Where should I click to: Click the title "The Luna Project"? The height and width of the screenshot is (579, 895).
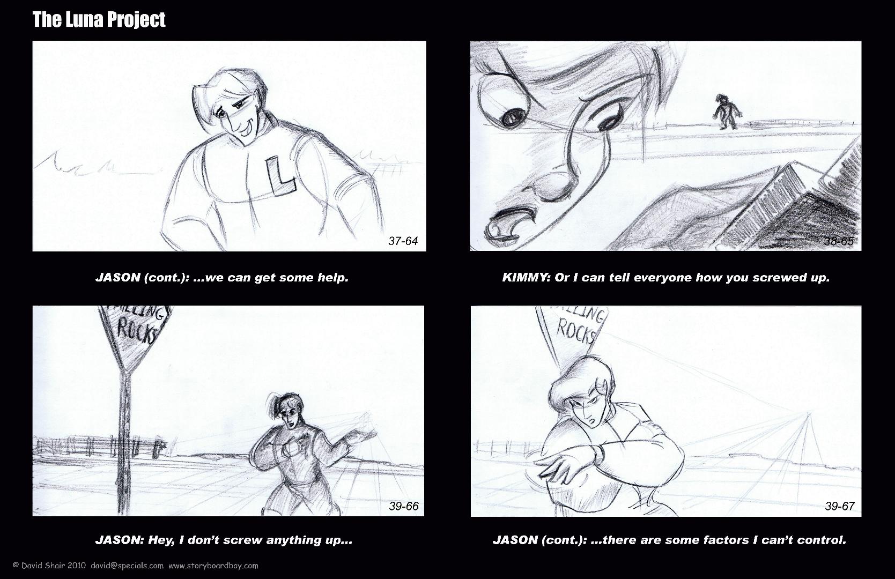click(99, 20)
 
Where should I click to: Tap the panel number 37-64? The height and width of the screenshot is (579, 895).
click(403, 241)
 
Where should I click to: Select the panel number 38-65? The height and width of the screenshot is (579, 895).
click(839, 241)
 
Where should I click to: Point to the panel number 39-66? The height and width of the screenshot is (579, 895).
click(404, 506)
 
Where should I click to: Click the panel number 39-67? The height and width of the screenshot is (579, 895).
click(839, 506)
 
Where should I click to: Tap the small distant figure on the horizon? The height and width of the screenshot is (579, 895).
click(727, 112)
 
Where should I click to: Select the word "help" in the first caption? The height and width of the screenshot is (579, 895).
click(333, 278)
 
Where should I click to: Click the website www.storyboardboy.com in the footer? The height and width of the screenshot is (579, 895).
click(213, 566)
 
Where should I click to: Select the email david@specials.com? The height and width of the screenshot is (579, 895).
click(127, 566)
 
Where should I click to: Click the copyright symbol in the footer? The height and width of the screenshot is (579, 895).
click(16, 566)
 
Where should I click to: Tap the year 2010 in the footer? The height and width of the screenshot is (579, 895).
click(76, 566)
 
